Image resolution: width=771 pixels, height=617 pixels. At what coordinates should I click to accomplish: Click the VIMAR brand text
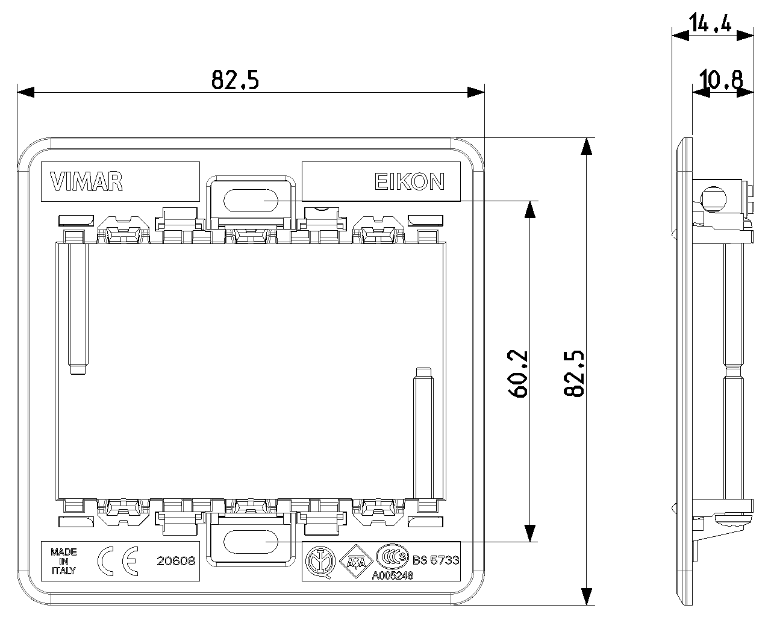87,181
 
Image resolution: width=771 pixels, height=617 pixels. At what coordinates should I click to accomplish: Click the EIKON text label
410,181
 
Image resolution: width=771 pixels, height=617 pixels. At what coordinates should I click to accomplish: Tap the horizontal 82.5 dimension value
235,80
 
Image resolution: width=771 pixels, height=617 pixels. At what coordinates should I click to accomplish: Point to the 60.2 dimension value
519,374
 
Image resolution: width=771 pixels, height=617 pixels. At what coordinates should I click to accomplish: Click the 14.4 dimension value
711,24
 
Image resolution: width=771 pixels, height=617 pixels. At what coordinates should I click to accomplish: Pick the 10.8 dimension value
722,80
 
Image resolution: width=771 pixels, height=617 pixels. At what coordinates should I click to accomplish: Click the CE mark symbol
118,561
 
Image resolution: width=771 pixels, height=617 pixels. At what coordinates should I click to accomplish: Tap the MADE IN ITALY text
63,561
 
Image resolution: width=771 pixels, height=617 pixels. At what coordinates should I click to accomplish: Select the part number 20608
176,561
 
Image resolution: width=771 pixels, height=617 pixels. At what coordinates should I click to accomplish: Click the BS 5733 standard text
437,560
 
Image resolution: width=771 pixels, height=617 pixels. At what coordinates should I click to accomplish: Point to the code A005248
392,575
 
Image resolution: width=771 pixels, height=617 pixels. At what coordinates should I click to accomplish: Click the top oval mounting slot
250,199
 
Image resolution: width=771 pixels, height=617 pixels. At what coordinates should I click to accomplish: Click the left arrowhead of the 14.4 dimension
679,36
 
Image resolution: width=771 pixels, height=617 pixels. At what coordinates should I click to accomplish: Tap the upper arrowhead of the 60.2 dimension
529,209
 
